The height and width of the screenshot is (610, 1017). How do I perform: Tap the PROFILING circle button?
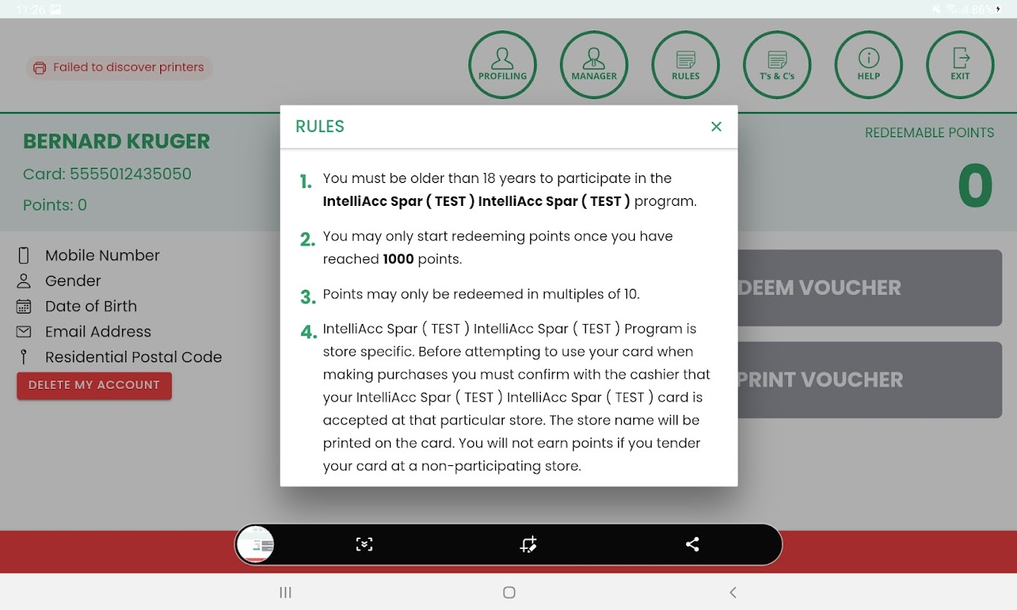point(502,65)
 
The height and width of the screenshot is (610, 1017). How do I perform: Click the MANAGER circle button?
point(594,65)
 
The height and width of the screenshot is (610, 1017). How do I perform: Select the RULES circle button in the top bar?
point(686,65)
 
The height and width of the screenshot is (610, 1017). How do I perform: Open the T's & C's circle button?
point(777,65)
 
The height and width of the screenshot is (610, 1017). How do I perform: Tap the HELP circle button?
point(868,65)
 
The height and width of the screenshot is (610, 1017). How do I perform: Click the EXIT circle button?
point(961,65)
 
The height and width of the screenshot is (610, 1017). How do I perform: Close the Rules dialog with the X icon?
point(716,127)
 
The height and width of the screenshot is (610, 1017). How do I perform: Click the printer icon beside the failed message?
point(40,68)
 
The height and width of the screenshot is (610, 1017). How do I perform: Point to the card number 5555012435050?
point(130,174)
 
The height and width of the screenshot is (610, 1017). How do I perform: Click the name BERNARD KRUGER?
point(117,141)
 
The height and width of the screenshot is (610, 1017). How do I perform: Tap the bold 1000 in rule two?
point(398,258)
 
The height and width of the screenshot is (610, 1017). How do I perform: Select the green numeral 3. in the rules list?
point(307,297)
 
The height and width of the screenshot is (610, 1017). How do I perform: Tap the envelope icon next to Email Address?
point(24,332)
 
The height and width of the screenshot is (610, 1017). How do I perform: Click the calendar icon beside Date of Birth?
point(24,307)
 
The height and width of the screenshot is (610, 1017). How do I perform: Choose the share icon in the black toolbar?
point(692,544)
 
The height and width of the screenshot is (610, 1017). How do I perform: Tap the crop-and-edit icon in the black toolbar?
point(528,544)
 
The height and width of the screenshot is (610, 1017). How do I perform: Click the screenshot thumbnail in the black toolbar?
point(256,544)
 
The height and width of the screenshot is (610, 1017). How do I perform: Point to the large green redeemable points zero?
point(975,185)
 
